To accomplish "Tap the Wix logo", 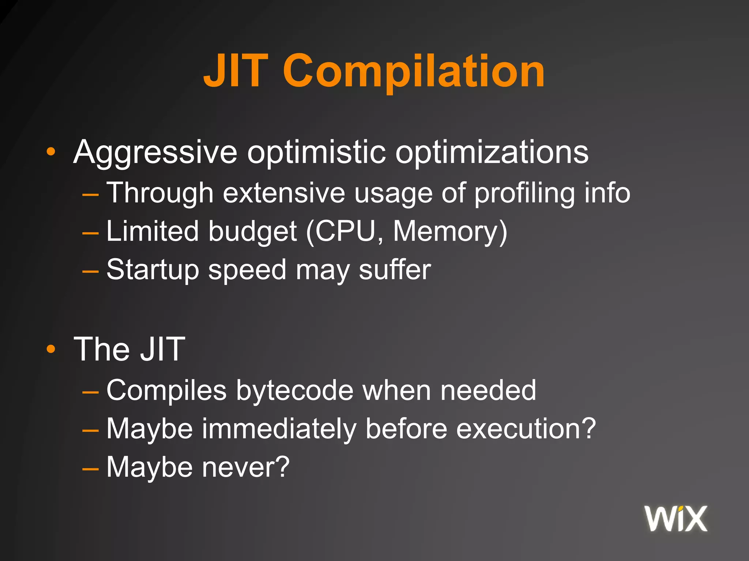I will pos(676,518).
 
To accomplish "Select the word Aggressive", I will pos(155,152).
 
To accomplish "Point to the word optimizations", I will pos(492,152).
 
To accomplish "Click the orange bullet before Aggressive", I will pos(51,152).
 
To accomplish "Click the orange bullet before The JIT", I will pos(51,349).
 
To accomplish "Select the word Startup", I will pos(153,271).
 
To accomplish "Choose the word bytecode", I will pos(294,391).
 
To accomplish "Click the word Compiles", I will pos(166,391).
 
